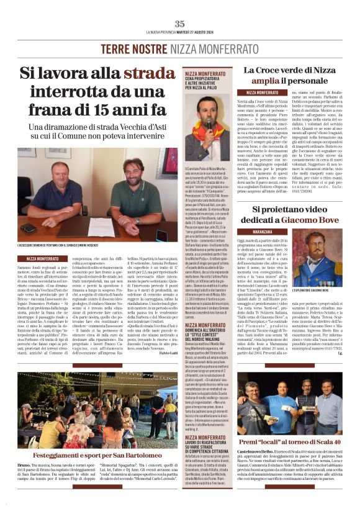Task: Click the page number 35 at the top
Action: (179, 24)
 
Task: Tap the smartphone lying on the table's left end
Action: (28, 228)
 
